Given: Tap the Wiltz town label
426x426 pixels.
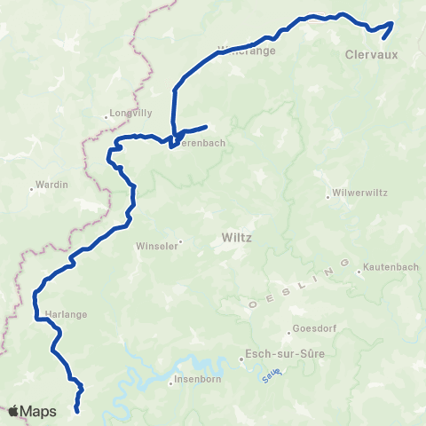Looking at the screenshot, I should click(235, 238).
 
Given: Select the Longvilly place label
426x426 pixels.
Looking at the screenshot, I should click(131, 114).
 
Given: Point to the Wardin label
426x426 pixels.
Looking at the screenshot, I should click(46, 186).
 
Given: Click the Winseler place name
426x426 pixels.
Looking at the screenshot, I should click(156, 247).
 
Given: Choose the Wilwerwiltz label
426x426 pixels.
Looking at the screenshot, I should click(354, 192).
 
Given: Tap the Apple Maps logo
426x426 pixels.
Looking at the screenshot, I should click(32, 411).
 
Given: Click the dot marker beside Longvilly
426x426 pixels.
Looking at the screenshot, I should click(106, 114).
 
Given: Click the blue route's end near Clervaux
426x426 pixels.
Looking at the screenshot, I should click(383, 38).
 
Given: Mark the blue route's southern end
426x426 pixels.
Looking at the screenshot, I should click(77, 411).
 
